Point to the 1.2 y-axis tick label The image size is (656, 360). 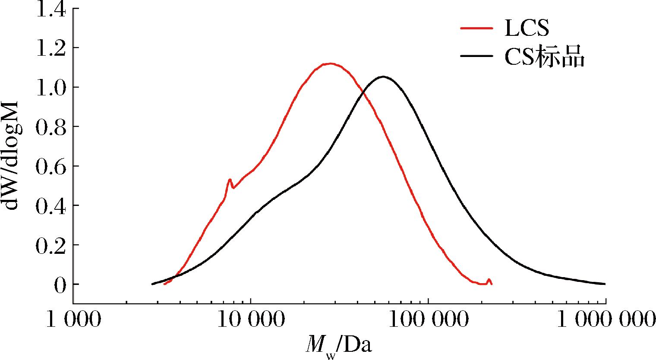[x=50, y=48]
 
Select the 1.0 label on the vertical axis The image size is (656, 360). [x=50, y=87]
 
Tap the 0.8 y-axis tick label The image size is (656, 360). [x=50, y=126]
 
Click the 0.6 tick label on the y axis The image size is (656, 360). [x=50, y=166]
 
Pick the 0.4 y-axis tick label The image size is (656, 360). [x=50, y=205]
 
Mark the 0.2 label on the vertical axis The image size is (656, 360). [x=50, y=245]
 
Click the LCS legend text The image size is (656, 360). [x=527, y=28]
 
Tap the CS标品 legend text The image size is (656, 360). [x=545, y=57]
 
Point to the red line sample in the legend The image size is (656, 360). [x=477, y=28]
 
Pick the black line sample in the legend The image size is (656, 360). [x=477, y=56]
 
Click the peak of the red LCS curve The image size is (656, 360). [x=331, y=63]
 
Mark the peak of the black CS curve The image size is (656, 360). [x=383, y=76]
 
